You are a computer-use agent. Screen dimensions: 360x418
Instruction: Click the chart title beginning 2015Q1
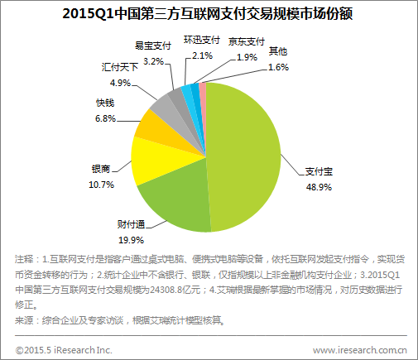pyautogui.click(x=209, y=15)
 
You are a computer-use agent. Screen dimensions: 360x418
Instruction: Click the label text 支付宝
pyautogui.click(x=318, y=172)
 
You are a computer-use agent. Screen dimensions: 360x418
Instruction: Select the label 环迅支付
pyautogui.click(x=202, y=40)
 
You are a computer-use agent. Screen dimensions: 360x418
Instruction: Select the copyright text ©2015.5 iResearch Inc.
pyautogui.click(x=63, y=348)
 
